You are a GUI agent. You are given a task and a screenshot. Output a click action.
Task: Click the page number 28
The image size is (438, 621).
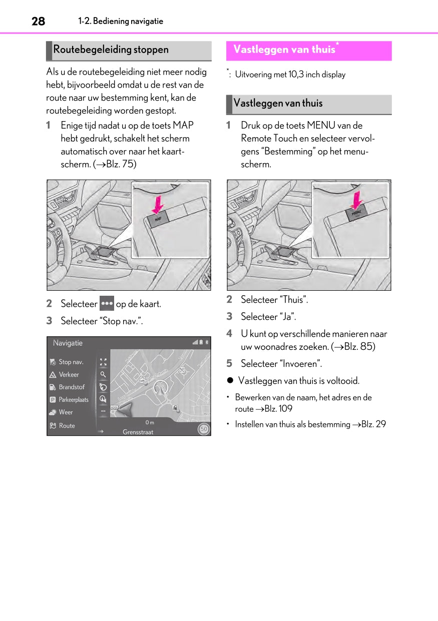point(38,22)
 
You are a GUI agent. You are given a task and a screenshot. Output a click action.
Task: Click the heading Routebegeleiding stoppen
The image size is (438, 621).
point(111,50)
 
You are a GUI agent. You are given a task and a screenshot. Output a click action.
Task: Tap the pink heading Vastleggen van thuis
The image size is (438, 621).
point(284,50)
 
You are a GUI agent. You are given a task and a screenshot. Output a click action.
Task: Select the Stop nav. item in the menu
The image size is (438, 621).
point(71,362)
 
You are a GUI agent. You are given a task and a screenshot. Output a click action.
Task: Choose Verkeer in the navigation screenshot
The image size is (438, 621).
point(69,374)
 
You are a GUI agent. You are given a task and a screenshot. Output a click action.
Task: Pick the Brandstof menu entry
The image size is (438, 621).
point(72,387)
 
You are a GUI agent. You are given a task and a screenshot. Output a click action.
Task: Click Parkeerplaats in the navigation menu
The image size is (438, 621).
point(73,400)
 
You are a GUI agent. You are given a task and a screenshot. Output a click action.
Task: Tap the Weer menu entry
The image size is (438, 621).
point(66,412)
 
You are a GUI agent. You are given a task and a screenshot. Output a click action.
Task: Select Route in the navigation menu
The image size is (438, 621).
point(67,426)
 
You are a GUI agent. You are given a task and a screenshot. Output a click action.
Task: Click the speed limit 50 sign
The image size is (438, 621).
point(203,429)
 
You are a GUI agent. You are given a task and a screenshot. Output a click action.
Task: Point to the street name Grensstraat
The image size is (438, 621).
point(138,432)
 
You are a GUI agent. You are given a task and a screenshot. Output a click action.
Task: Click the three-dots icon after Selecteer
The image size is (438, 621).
point(107,303)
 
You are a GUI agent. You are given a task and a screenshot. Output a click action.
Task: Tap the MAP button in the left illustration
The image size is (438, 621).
point(158,219)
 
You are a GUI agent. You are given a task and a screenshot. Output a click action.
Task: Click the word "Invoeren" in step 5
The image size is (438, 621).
point(300,364)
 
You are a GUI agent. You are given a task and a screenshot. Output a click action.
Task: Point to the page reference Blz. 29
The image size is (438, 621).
point(373,424)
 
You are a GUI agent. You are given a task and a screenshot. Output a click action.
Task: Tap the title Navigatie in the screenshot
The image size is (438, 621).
point(68,343)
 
